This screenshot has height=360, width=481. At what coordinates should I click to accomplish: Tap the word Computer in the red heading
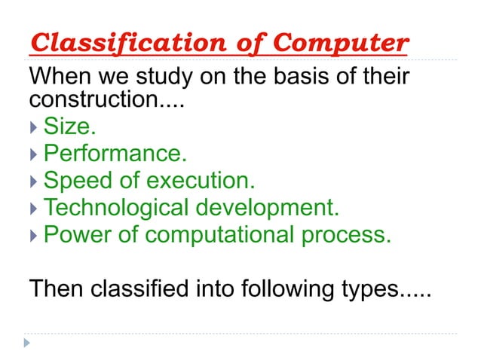pyautogui.click(x=340, y=43)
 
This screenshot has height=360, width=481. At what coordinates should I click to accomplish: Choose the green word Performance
pyautogui.click(x=115, y=154)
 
